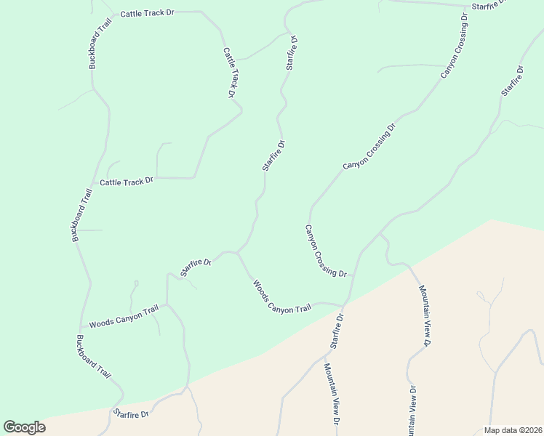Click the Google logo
pos(24,427)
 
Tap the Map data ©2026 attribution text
pos(512,429)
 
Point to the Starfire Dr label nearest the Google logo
pos(131,413)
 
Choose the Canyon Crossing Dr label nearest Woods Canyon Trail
pos(325,251)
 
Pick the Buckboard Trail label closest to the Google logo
pos(94,357)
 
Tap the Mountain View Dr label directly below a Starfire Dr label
pos(332,394)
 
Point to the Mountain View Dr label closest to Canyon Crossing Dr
pos(426,315)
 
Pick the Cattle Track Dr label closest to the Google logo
pos(127,182)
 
